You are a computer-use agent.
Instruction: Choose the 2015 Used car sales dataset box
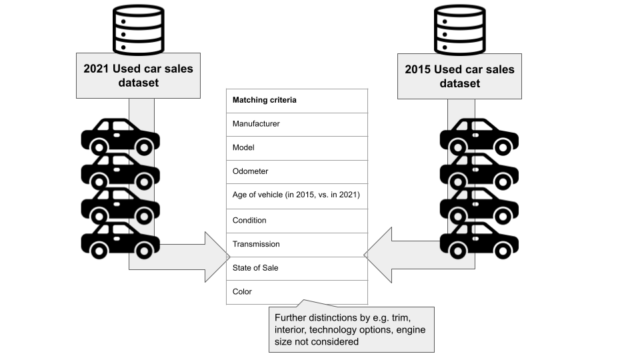click(459, 75)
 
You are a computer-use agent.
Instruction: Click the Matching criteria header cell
click(297, 101)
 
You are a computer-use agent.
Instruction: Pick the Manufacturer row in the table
click(297, 124)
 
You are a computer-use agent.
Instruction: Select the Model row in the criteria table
click(297, 148)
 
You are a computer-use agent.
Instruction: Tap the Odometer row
click(297, 171)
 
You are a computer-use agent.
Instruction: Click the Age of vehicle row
click(297, 195)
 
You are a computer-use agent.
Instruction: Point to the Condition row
click(297, 220)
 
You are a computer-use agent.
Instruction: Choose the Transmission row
click(297, 244)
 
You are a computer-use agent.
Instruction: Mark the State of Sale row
click(297, 268)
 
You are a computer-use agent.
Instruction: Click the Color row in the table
click(297, 292)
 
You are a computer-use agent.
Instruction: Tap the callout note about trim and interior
click(351, 329)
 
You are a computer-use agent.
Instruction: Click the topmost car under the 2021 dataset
click(121, 137)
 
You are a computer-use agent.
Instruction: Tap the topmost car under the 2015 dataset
click(479, 137)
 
